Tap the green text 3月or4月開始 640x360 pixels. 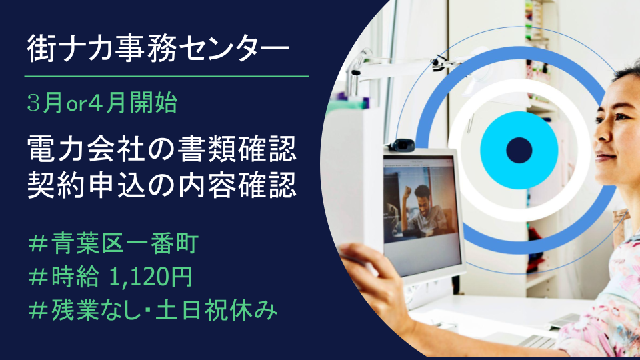102,103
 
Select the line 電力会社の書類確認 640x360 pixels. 161,149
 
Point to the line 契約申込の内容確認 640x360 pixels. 161,186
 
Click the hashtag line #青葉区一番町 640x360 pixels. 113,244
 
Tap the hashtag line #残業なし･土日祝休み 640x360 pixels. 153,310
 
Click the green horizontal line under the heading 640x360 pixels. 167,76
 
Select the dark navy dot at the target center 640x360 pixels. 519,150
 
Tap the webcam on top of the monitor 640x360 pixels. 401,145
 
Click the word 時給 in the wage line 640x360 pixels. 75,277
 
